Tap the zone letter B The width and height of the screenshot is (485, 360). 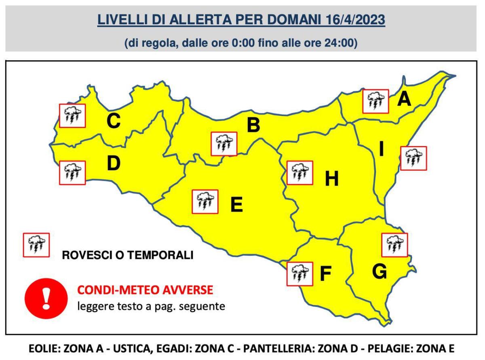pyautogui.click(x=253, y=125)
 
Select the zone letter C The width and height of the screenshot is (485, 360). pyautogui.click(x=114, y=121)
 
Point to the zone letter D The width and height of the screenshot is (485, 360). pyautogui.click(x=114, y=163)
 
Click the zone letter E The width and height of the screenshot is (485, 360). pyautogui.click(x=236, y=205)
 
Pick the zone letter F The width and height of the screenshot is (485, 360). pyautogui.click(x=325, y=274)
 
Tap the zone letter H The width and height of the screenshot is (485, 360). pyautogui.click(x=332, y=179)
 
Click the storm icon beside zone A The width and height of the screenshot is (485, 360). pyautogui.click(x=375, y=101)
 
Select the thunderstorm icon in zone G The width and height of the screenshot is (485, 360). pyautogui.click(x=394, y=245)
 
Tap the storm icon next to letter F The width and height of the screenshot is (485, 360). pyautogui.click(x=299, y=274)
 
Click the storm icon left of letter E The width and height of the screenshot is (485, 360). pyautogui.click(x=205, y=201)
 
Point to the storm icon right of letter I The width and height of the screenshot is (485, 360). pyautogui.click(x=413, y=158)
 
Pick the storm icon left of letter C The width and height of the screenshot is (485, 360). pyautogui.click(x=72, y=115)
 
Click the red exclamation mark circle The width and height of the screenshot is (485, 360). pyautogui.click(x=46, y=298)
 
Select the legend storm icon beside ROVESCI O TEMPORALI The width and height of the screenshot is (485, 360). pyautogui.click(x=36, y=245)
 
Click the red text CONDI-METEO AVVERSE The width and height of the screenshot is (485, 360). pyautogui.click(x=145, y=290)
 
